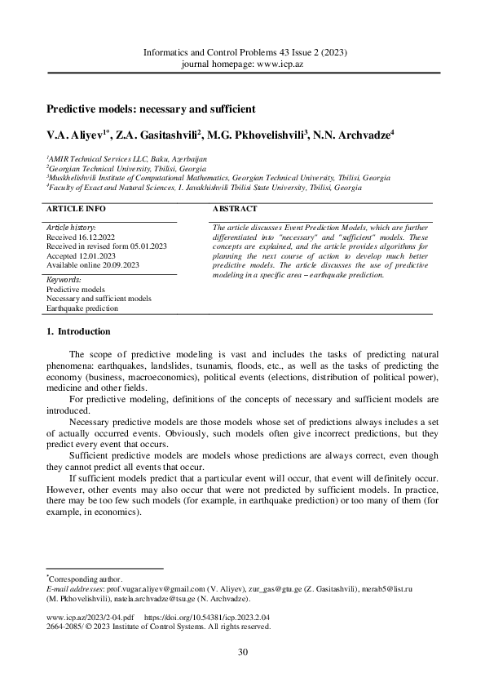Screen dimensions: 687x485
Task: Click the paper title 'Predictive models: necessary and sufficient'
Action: pyautogui.click(x=151, y=108)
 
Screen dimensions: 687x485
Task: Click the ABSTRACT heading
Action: pyautogui.click(x=236, y=209)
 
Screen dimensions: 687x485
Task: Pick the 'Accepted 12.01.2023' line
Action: pyautogui.click(x=80, y=255)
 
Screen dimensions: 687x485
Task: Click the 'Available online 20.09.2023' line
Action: pyautogui.click(x=93, y=264)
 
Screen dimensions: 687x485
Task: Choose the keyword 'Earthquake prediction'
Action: pyautogui.click(x=82, y=308)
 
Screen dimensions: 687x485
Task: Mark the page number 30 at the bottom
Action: pyautogui.click(x=242, y=651)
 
